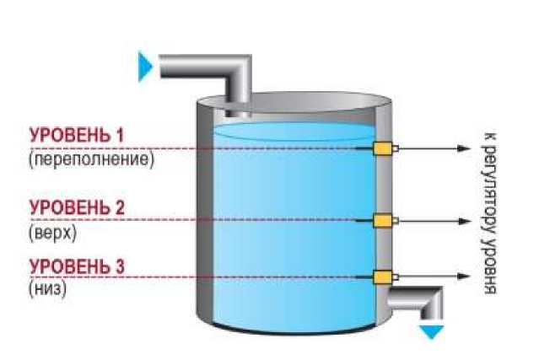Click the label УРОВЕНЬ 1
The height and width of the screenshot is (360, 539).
coord(77,135)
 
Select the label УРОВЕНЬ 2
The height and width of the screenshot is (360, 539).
coord(77,207)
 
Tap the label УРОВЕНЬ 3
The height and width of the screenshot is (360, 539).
coord(77,267)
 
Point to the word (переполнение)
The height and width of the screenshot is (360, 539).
coord(91,158)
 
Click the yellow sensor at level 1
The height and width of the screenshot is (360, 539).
coord(384,149)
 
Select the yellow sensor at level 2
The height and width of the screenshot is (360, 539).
coord(384,221)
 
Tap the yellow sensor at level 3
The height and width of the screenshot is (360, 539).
coord(384,276)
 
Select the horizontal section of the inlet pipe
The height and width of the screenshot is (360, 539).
coord(190,67)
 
